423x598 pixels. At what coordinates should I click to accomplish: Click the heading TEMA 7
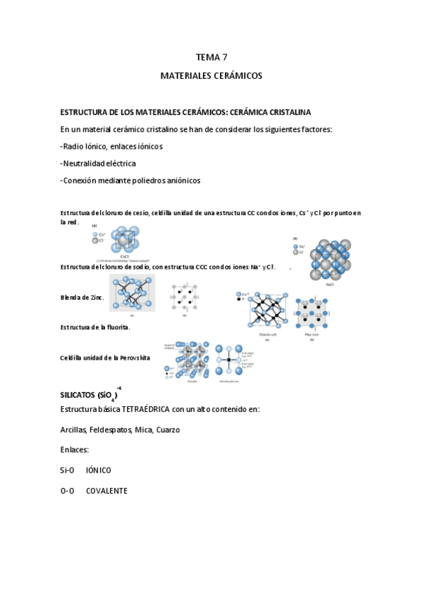[211, 57]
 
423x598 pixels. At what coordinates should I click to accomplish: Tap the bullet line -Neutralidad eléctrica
[98, 163]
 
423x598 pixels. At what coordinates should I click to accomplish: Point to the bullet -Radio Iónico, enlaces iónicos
[111, 146]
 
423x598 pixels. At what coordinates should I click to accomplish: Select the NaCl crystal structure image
[330, 260]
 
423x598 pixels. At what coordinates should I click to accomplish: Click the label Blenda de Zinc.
[82, 298]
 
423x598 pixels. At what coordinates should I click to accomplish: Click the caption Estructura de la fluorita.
[95, 327]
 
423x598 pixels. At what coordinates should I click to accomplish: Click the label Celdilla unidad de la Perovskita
[105, 358]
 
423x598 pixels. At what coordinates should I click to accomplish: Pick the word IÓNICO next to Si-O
[99, 470]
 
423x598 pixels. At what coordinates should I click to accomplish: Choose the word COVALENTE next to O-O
[106, 491]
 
